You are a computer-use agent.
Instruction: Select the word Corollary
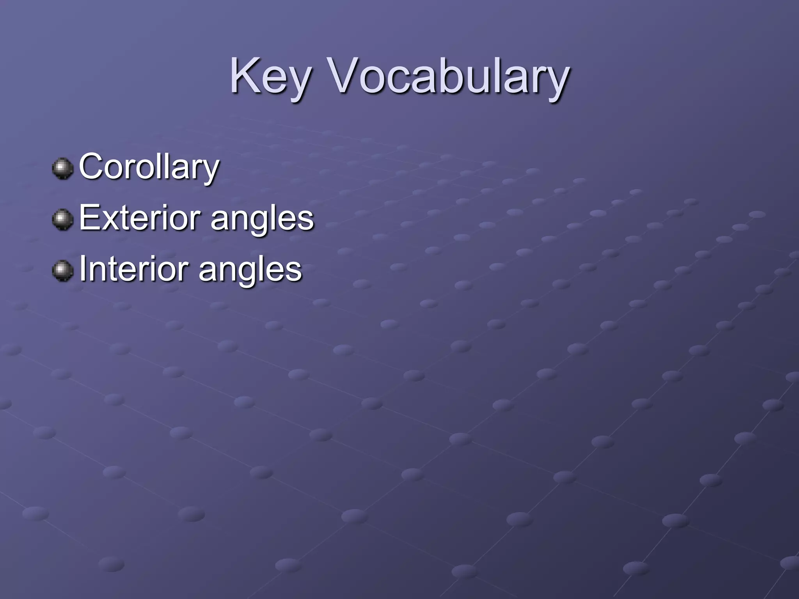coord(149,167)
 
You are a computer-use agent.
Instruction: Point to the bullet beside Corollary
coord(62,168)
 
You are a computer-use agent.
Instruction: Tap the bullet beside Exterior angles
coord(62,220)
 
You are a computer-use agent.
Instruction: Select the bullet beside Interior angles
coord(62,271)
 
